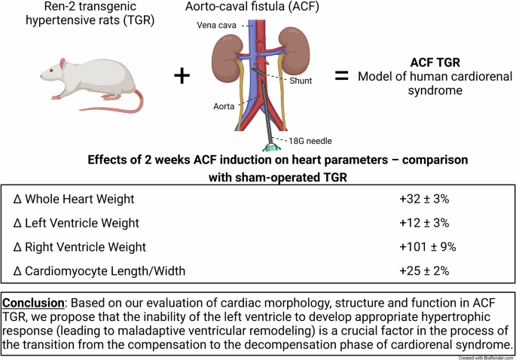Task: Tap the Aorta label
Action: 225,107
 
